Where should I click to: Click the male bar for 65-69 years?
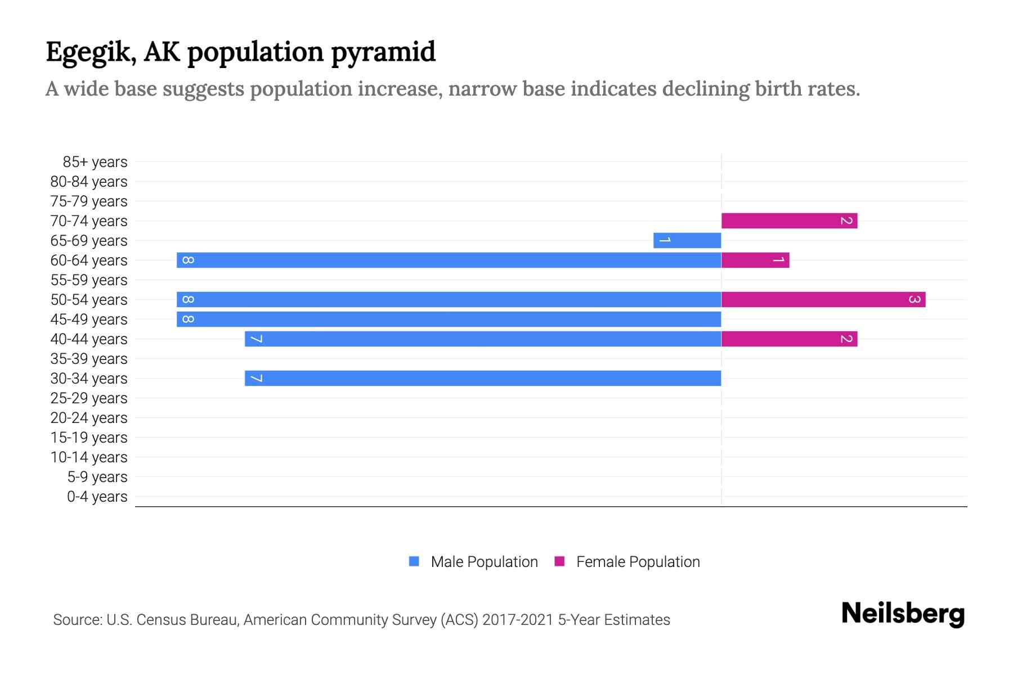coord(687,240)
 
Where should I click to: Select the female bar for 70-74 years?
coord(789,220)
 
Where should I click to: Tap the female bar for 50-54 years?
coord(823,299)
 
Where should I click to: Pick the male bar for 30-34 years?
coord(483,378)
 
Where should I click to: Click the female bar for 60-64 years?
coord(755,260)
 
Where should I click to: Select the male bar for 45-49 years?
coord(449,319)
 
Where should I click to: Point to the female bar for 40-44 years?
coord(789,339)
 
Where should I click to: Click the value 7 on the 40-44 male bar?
coord(256,339)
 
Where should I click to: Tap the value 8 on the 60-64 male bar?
coord(189,260)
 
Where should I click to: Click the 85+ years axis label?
coord(95,162)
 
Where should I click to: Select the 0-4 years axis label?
coord(97,497)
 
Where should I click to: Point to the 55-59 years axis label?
coord(89,280)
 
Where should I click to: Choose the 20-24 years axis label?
coord(89,418)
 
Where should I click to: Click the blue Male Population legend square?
coord(414,561)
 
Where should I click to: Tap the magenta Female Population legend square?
coord(559,561)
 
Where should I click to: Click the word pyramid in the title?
coord(383,52)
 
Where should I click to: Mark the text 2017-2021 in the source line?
coord(518,620)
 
